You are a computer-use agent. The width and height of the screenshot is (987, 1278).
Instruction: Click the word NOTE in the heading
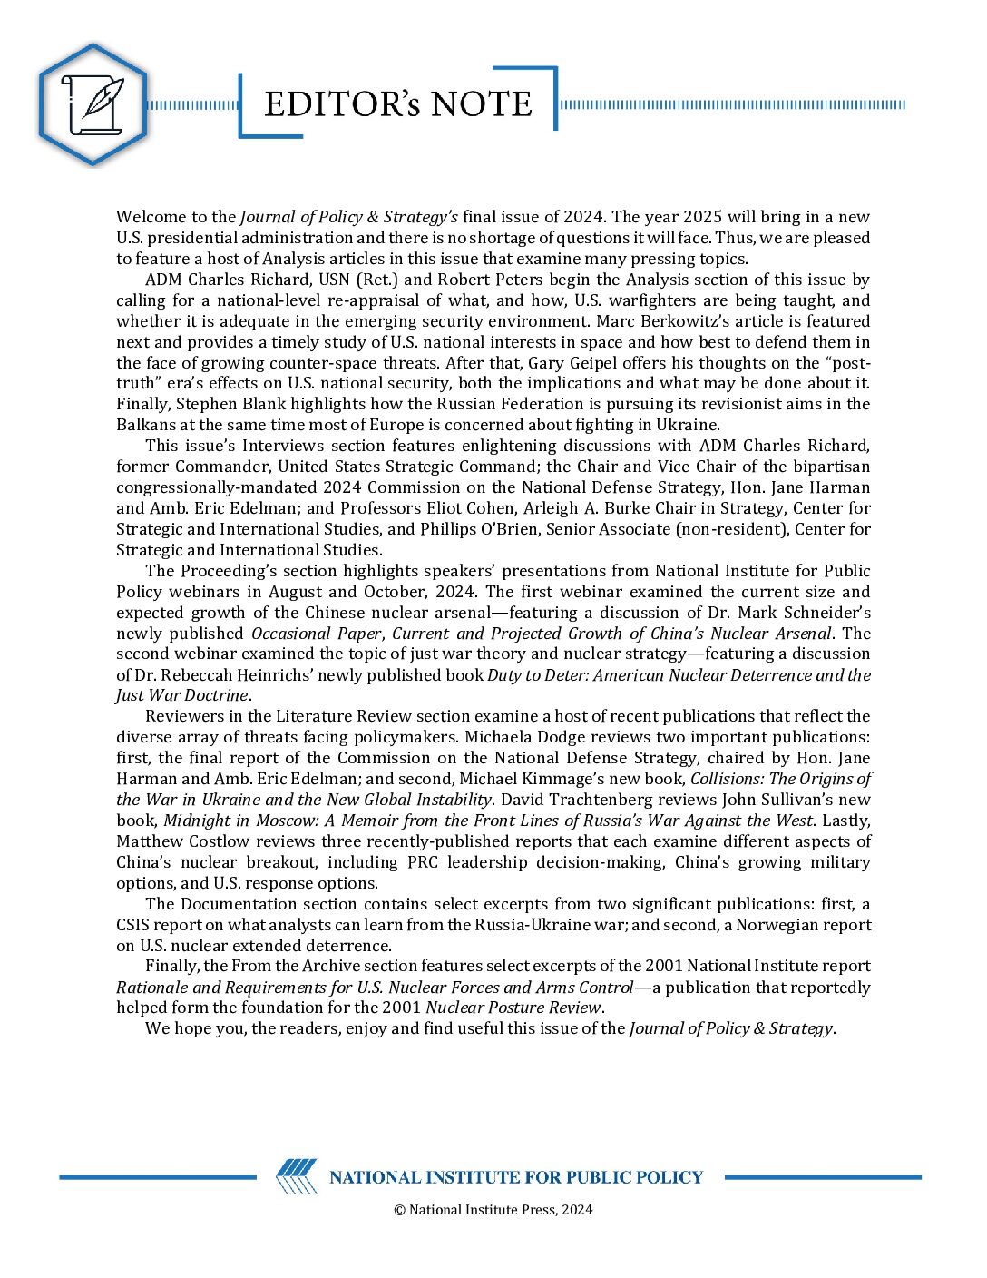pos(481,104)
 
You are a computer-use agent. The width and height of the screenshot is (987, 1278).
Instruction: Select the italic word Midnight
pos(199,821)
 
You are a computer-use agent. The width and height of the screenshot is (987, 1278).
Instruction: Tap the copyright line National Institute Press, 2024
pos(493,1209)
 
